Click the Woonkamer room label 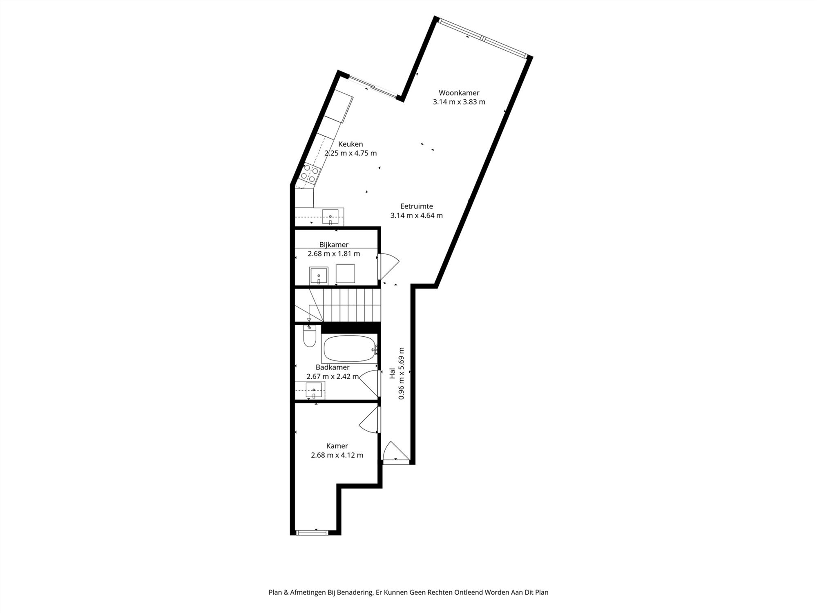point(459,93)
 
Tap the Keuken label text point(350,144)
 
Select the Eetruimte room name point(416,206)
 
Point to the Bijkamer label point(334,245)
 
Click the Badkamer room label point(333,367)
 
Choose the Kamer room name point(337,446)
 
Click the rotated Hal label point(392,373)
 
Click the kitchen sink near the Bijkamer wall point(330,216)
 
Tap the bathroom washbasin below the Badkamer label point(313,390)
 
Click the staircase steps point(351,305)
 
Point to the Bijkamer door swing point(388,266)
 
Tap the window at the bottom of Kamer point(312,532)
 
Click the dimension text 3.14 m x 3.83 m point(459,102)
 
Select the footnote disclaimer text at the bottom point(408,592)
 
